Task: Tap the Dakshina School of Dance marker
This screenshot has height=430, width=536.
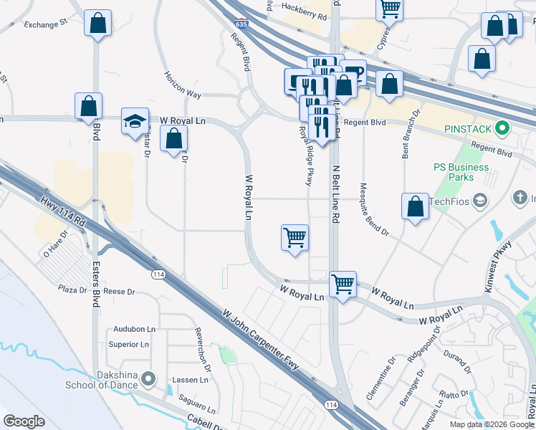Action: (x=148, y=378)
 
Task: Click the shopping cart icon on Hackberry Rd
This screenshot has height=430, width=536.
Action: (x=389, y=9)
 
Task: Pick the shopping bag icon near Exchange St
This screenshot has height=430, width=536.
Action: (x=97, y=23)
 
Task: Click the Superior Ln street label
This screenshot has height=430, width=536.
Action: (x=128, y=345)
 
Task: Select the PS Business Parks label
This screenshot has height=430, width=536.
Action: (x=461, y=172)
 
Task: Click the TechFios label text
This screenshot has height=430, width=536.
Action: (x=449, y=202)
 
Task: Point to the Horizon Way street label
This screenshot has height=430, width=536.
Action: (x=183, y=84)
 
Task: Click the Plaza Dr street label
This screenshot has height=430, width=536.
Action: (x=72, y=289)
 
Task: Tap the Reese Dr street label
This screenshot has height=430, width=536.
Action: (x=119, y=292)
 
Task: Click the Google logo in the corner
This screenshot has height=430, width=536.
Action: (x=24, y=421)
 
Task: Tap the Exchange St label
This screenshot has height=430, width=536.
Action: (x=44, y=24)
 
